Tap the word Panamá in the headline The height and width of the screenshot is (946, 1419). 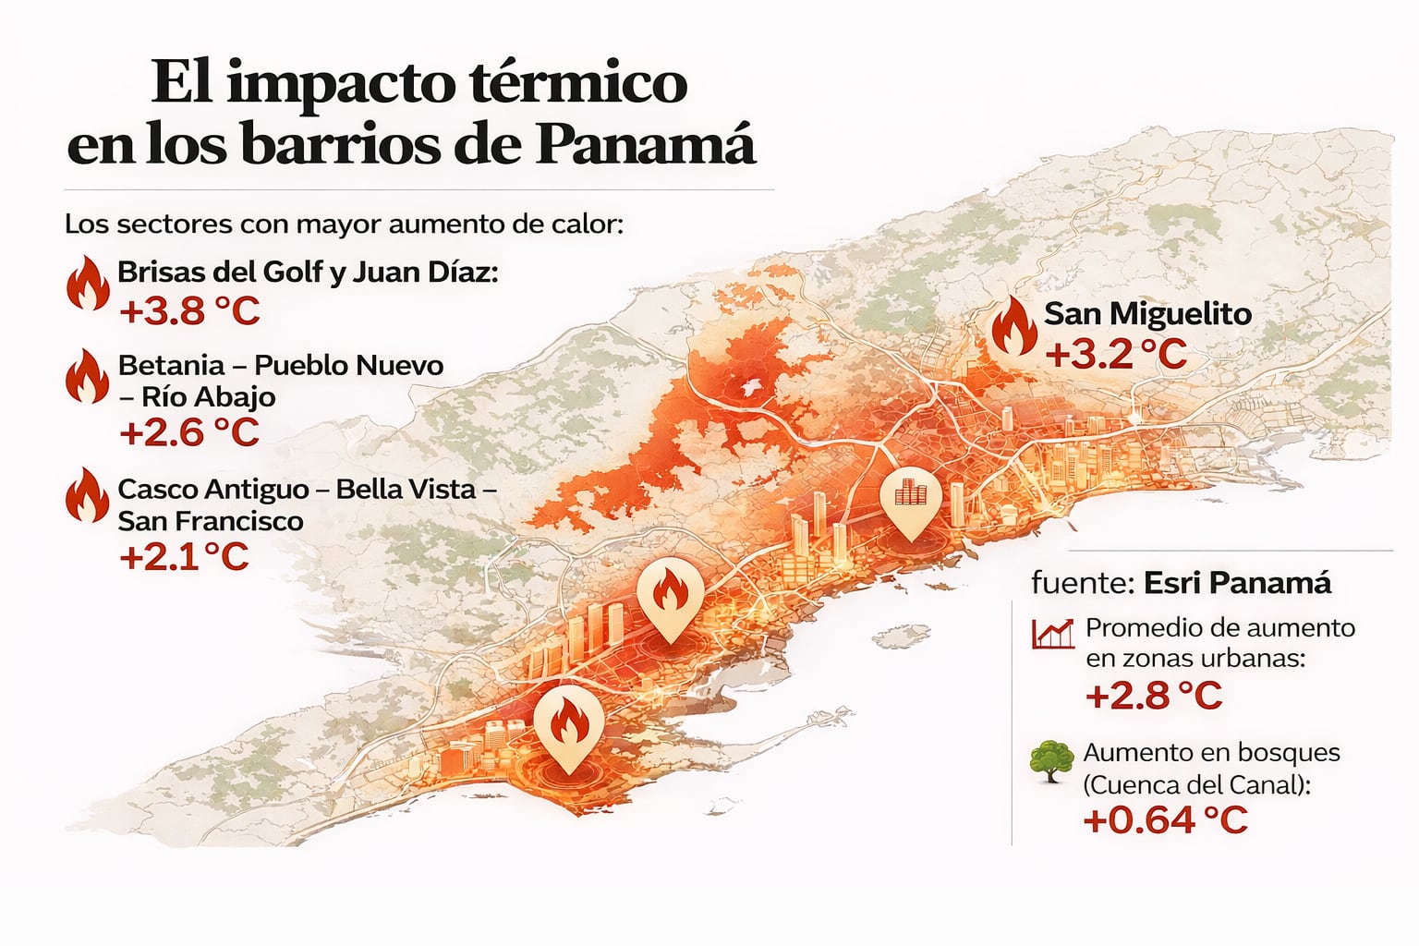click(647, 145)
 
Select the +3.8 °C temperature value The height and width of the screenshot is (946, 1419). click(189, 311)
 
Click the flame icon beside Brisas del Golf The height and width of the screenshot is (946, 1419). click(88, 283)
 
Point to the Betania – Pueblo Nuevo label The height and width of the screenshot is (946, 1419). click(280, 366)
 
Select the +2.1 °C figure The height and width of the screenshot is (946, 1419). click(184, 557)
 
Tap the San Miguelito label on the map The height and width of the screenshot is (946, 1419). click(1147, 314)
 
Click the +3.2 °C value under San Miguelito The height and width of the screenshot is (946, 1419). click(1116, 355)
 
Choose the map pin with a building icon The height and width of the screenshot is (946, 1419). click(910, 499)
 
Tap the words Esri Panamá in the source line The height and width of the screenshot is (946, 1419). click(1237, 583)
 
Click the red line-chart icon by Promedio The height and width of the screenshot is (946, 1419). click(1052, 634)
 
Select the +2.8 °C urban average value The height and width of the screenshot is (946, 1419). click(1153, 696)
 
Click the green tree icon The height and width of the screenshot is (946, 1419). click(1051, 761)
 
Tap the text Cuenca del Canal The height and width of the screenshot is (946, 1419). click(1196, 785)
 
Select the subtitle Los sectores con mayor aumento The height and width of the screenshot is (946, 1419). click(344, 224)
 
